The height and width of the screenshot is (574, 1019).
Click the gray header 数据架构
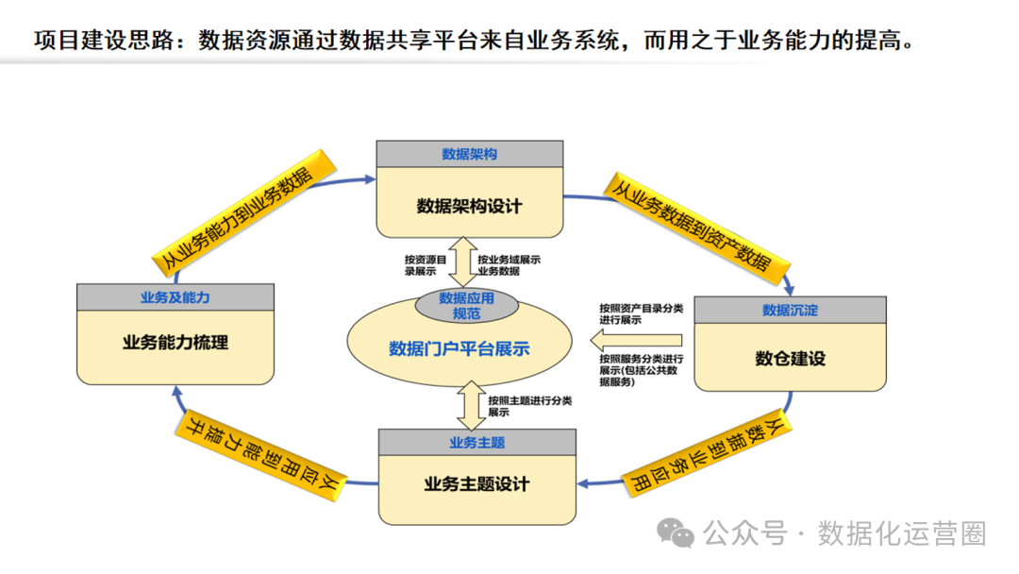(469, 154)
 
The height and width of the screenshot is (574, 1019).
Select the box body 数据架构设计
(469, 205)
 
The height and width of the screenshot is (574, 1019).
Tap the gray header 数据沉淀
(790, 310)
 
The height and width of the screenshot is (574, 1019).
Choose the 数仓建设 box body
(790, 358)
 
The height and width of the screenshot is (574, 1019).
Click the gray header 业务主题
(476, 442)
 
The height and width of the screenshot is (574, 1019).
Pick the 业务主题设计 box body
(476, 484)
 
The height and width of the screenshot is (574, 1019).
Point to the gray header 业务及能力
(175, 297)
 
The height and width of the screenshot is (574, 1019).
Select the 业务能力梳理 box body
(175, 343)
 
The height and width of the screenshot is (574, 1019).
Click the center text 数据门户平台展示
(459, 348)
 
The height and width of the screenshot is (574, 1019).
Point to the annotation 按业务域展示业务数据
(509, 264)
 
